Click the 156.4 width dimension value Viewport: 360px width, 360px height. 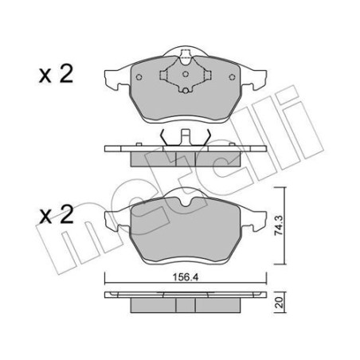tap(186, 268)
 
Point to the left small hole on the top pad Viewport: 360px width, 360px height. tap(140, 77)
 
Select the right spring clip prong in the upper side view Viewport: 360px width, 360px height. tap(206, 136)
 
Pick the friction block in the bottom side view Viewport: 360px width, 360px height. tap(186, 305)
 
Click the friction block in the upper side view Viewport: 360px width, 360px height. tap(186, 156)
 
